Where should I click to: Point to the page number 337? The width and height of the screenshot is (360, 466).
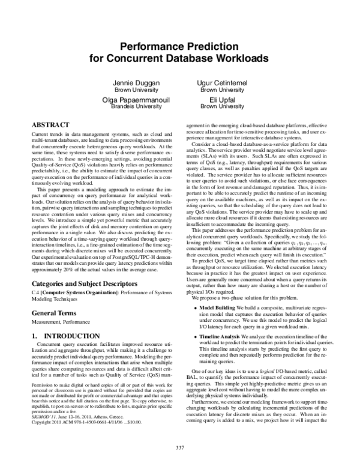(179, 447)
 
